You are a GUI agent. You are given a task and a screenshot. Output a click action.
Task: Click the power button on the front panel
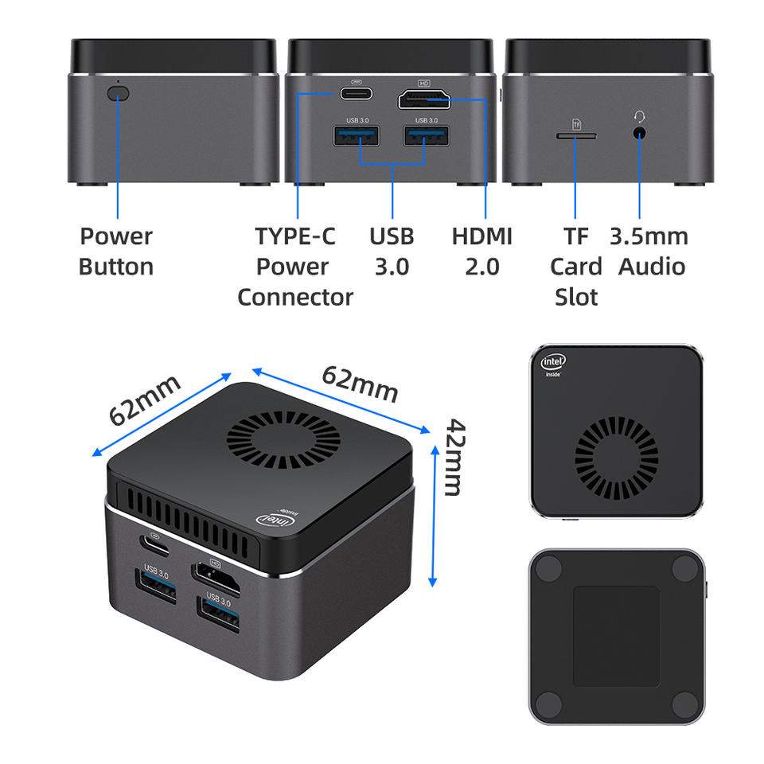117,93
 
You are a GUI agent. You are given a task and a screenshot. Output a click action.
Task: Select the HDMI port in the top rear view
424,99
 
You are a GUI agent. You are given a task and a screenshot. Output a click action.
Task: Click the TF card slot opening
576,135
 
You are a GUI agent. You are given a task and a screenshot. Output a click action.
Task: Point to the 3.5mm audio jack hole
638,132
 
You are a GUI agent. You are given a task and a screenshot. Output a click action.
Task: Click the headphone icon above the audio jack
638,116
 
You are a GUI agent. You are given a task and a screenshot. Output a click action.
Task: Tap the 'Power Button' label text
116,251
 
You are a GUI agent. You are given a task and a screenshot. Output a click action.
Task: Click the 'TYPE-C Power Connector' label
295,266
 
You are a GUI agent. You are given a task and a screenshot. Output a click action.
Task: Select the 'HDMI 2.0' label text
481,251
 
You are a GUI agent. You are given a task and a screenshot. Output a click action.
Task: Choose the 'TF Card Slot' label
576,266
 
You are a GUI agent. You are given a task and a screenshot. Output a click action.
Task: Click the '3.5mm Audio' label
649,251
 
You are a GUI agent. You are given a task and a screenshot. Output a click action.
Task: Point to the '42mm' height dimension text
452,457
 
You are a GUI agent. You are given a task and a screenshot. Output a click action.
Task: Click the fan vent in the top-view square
616,457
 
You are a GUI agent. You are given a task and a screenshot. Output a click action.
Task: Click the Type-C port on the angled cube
154,545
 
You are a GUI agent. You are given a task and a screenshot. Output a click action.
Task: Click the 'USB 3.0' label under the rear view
392,251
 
